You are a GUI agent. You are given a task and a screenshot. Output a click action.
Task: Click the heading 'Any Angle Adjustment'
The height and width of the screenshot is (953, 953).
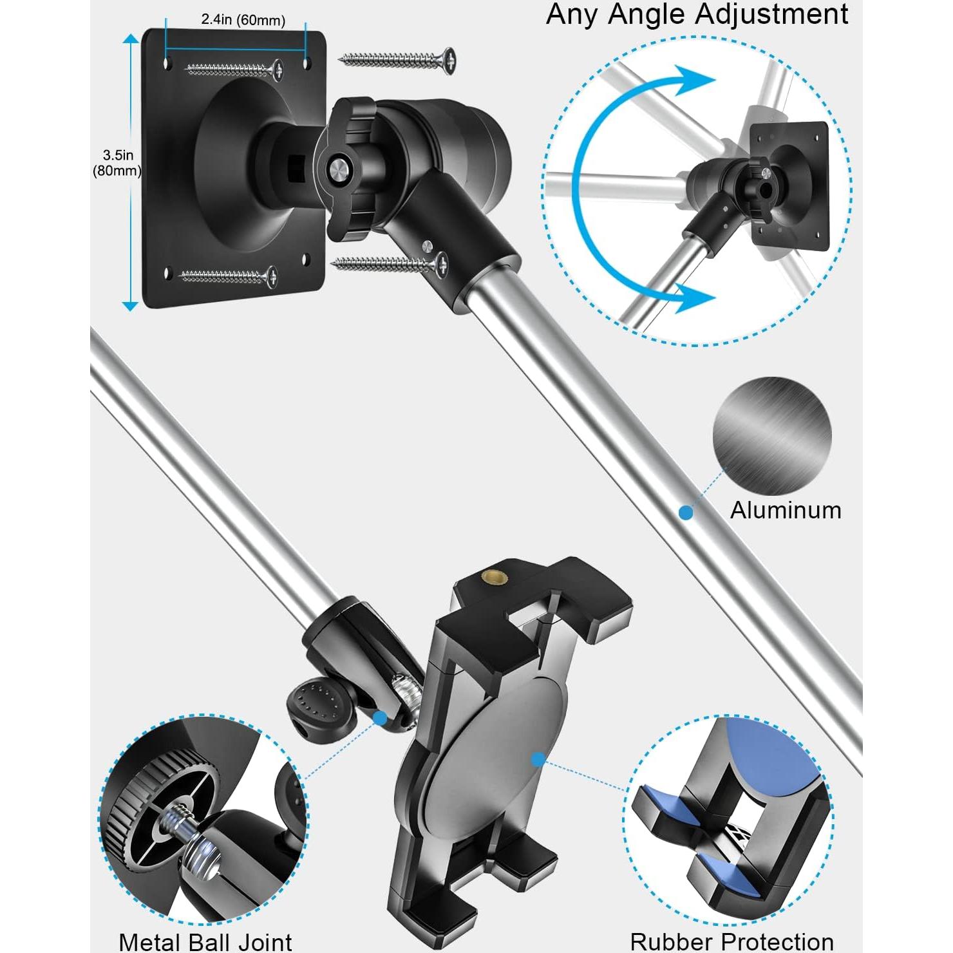click(697, 14)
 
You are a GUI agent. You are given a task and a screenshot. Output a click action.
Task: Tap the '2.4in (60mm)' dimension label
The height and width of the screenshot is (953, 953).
click(243, 20)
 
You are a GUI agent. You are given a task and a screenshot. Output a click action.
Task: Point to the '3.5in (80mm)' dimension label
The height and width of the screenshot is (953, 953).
click(117, 162)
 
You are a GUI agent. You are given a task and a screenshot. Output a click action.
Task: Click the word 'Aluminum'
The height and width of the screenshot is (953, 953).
click(786, 510)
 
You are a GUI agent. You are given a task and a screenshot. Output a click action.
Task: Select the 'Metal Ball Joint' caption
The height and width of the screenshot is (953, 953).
click(205, 941)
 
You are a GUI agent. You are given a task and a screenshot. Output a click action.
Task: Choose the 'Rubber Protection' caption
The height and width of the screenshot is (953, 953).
click(731, 941)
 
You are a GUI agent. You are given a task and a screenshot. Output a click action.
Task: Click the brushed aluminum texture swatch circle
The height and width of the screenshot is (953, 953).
click(771, 437)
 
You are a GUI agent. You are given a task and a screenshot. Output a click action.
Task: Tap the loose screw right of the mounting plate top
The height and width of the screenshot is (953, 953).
click(398, 60)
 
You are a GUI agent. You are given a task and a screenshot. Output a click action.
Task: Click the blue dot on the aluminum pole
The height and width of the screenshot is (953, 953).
click(686, 513)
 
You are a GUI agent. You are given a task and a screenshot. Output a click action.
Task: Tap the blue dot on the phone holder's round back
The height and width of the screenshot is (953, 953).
click(538, 760)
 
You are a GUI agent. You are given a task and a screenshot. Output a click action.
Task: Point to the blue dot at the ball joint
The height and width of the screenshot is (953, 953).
click(379, 717)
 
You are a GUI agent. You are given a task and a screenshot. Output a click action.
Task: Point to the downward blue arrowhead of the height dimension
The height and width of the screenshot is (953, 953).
click(130, 305)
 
